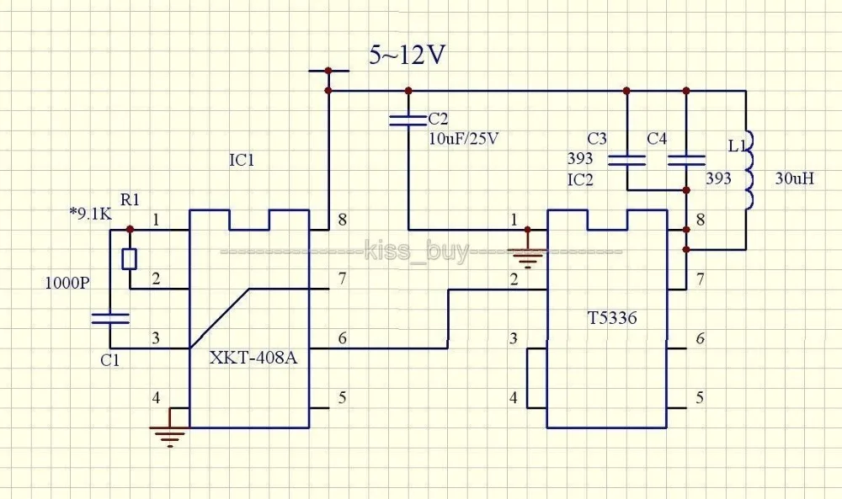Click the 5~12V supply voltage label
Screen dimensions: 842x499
coord(407,55)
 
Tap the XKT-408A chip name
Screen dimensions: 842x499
coord(253,358)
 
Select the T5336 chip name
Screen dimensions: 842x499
coord(612,318)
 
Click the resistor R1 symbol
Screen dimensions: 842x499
coord(130,258)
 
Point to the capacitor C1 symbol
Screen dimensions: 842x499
coord(110,319)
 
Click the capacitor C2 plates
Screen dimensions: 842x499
coord(408,120)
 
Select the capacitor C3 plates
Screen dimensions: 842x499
coord(626,160)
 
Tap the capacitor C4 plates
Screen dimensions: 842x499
coord(686,160)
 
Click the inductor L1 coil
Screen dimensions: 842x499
coord(748,169)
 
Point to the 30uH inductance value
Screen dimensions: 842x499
coord(794,178)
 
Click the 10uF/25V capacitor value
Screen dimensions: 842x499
coord(463,139)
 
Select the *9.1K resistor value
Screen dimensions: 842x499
coord(90,215)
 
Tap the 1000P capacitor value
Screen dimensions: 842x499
coord(67,283)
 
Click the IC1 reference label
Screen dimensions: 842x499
coord(242,161)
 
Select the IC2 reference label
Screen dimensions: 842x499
coord(580,180)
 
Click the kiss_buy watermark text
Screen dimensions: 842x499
coord(417,251)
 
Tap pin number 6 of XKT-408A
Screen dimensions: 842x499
coord(342,338)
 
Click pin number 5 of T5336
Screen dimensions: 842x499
coord(700,397)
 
